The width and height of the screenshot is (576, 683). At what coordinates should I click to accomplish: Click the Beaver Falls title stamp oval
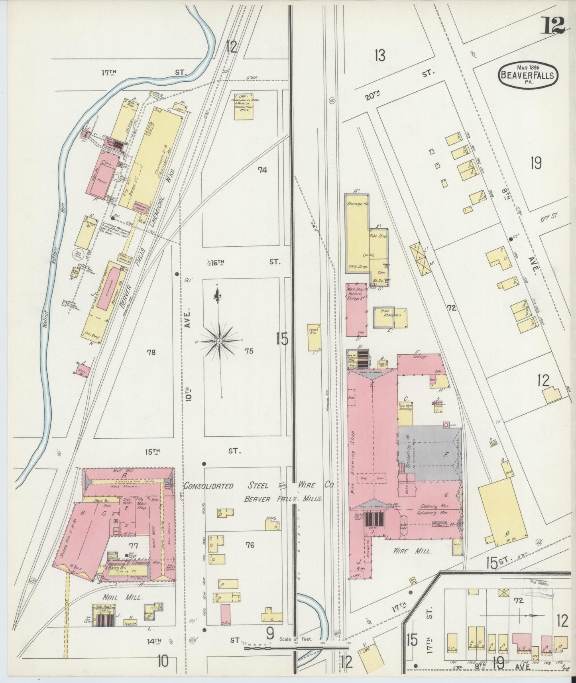tap(528, 75)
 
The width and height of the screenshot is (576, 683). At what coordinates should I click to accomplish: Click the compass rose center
tap(219, 341)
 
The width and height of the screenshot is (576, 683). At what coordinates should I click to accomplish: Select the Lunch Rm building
tap(314, 337)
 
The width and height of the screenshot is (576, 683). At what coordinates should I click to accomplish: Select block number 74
tap(262, 171)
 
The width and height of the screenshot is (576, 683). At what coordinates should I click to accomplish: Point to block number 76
tap(250, 545)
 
